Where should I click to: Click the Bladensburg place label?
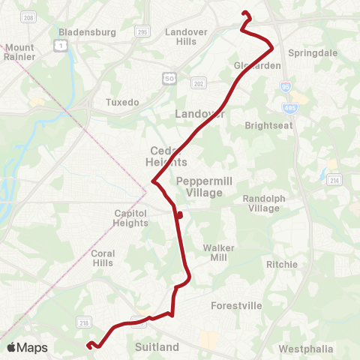[87, 32]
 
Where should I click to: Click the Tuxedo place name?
[122, 102]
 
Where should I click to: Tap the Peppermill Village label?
[199, 187]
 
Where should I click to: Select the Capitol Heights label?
[130, 218]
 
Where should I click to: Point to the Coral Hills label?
[103, 258]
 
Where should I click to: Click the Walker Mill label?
[219, 253]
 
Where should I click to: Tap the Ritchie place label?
[282, 265]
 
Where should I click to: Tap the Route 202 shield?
[198, 83]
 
